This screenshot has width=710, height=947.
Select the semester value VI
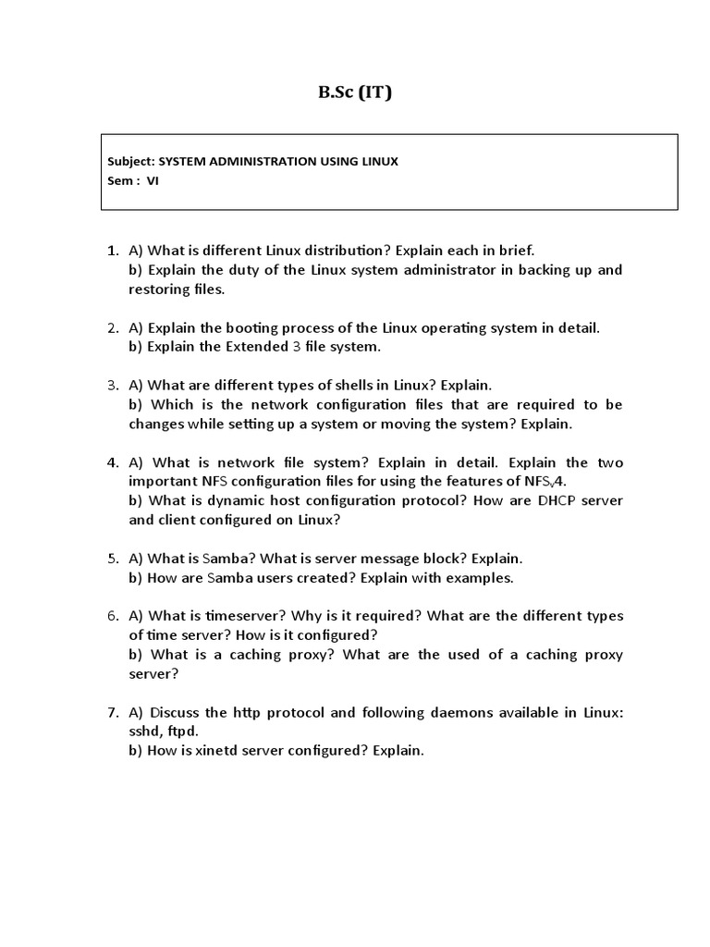coord(153,181)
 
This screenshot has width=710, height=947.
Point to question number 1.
coord(112,251)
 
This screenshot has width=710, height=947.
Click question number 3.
coord(112,385)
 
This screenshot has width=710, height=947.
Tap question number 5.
coord(112,559)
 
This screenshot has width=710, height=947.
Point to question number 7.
coord(112,712)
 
